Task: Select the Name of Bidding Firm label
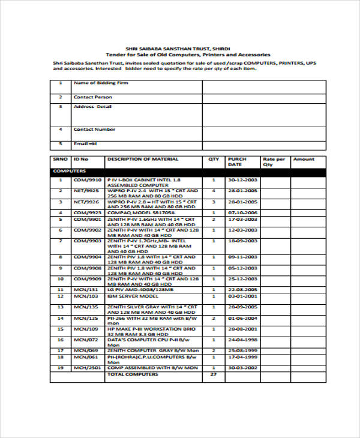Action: (93, 82)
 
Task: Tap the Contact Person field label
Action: (92, 97)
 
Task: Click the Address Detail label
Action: (92, 107)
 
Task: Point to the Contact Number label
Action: (94, 129)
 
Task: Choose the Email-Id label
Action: (85, 144)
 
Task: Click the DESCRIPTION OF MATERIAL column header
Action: (143, 159)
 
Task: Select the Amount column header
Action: (304, 159)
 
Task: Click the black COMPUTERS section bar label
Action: (67, 171)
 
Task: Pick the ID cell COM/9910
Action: (88, 179)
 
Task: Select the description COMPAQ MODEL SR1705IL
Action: (141, 212)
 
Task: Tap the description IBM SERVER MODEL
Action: (132, 296)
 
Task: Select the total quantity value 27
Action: (213, 374)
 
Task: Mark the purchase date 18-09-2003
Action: (242, 241)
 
